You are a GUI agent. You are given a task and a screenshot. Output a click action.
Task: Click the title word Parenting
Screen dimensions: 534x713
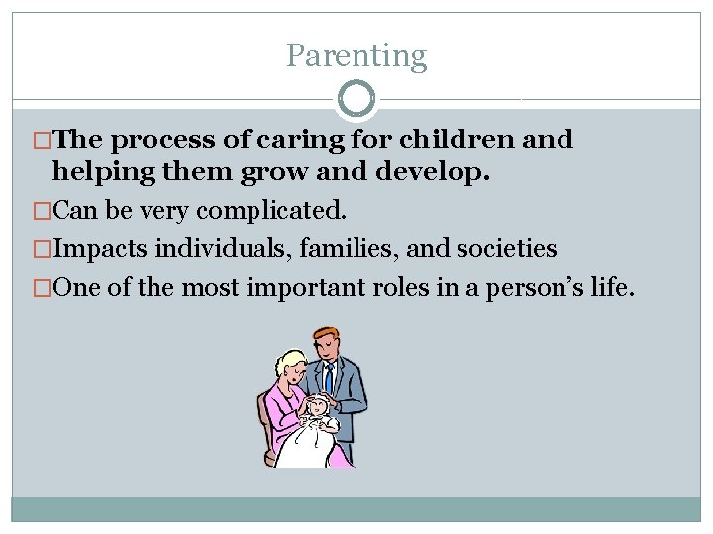[x=356, y=55]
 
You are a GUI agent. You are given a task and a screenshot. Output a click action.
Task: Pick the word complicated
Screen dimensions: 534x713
[x=288, y=211]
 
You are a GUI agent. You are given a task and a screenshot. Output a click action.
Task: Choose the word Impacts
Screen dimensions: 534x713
[x=98, y=249]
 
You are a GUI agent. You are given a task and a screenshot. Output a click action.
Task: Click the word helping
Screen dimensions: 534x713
[x=97, y=173]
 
